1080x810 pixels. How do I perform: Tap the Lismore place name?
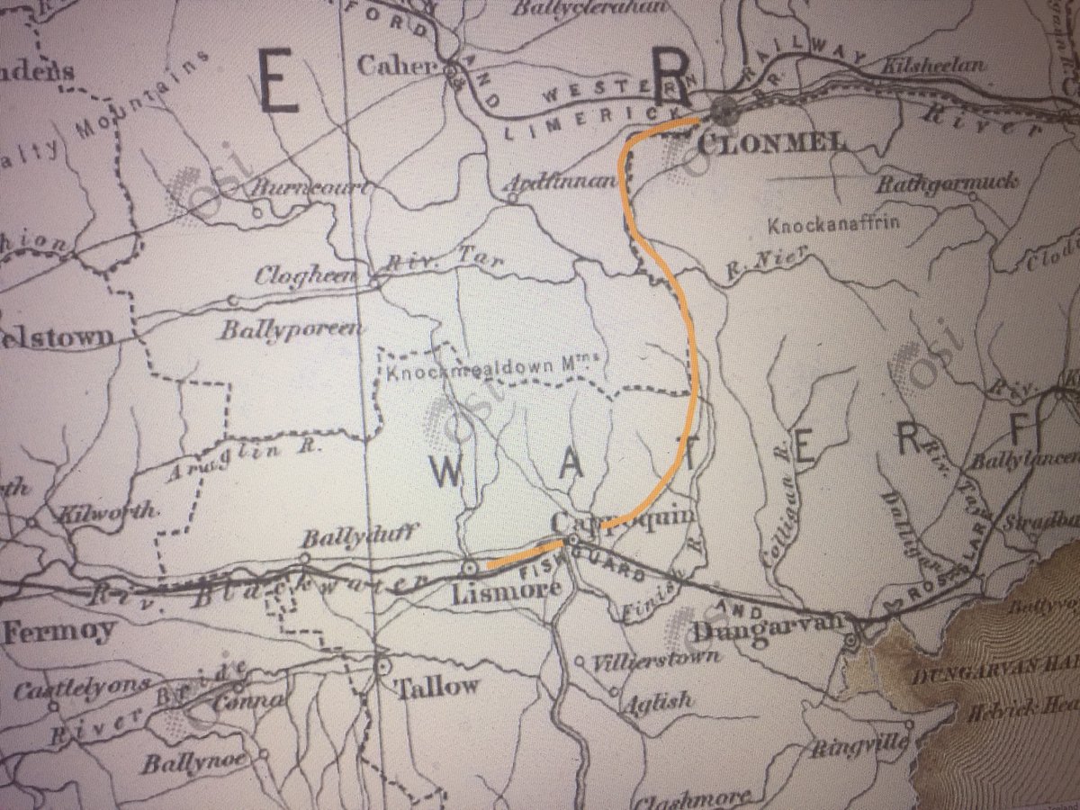pos(509,594)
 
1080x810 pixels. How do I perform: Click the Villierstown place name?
pos(656,658)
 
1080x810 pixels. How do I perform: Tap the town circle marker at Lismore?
pos(468,569)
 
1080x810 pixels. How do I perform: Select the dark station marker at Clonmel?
pos(722,111)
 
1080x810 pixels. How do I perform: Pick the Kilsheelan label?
pos(936,66)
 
